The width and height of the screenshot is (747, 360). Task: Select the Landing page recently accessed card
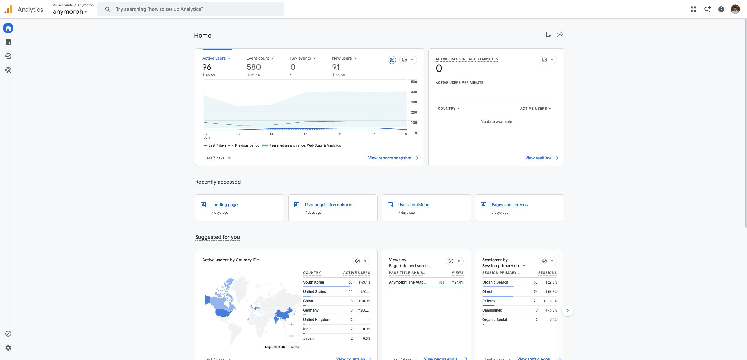pyautogui.click(x=239, y=208)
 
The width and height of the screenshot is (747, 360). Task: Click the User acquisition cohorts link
pyautogui.click(x=328, y=205)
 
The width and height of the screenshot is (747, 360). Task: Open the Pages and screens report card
pyautogui.click(x=519, y=208)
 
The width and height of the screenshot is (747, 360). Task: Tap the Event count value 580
pyautogui.click(x=254, y=67)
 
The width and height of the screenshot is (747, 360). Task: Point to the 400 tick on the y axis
pyautogui.click(x=414, y=92)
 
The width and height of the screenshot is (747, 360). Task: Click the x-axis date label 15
pyautogui.click(x=305, y=134)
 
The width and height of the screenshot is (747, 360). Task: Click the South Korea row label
pyautogui.click(x=313, y=282)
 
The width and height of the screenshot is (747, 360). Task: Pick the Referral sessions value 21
pyautogui.click(x=535, y=301)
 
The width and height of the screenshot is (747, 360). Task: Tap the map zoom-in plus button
pyautogui.click(x=292, y=324)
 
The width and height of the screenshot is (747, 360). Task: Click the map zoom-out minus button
pyautogui.click(x=292, y=336)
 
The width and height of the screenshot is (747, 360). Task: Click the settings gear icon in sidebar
pyautogui.click(x=8, y=348)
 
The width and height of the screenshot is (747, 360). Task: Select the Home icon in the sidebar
pyautogui.click(x=8, y=28)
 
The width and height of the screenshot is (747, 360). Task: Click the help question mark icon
pyautogui.click(x=721, y=9)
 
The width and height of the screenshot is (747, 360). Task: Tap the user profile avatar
pyautogui.click(x=735, y=9)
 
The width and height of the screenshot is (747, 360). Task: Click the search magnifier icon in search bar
pyautogui.click(x=108, y=9)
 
